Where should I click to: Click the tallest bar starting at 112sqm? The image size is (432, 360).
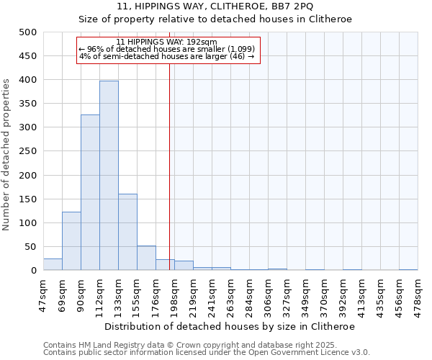click(109, 176)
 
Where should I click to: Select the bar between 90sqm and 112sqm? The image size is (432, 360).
click(90, 192)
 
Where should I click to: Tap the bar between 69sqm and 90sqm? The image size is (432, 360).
click(71, 241)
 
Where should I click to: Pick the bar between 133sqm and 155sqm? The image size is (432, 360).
click(127, 232)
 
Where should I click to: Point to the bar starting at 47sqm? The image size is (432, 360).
click(53, 264)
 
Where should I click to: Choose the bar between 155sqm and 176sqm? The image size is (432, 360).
click(146, 258)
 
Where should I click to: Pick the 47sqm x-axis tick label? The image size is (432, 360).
click(44, 291)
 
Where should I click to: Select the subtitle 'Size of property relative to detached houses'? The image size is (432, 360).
click(215, 19)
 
